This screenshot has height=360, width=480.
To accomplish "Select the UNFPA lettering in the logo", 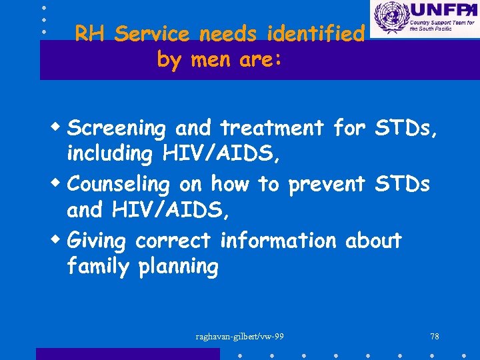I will tap(441, 11).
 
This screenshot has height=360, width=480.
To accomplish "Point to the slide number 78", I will tap(435, 336).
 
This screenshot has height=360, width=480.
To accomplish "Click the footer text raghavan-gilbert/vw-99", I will tap(239, 336).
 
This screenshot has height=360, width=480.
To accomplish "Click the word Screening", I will tap(117, 127).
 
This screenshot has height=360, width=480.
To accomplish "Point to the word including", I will tap(109, 155).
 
